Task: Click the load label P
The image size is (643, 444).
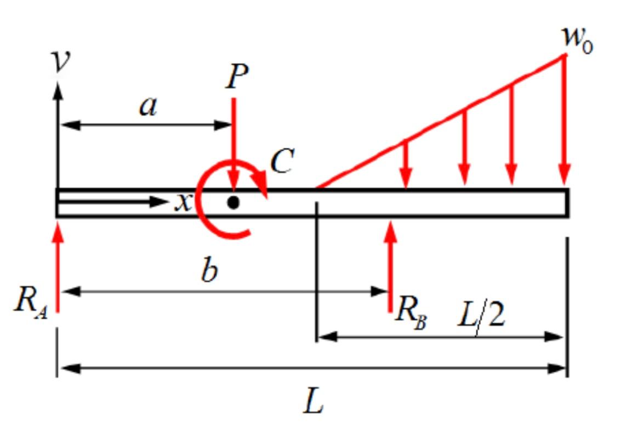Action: [x=237, y=77]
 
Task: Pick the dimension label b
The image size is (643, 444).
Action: [x=209, y=271]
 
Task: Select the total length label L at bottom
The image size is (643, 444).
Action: [x=314, y=403]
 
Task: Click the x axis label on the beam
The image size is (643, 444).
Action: [x=183, y=203]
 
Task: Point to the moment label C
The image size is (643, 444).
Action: [x=282, y=162]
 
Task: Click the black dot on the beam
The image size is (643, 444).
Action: [x=234, y=203]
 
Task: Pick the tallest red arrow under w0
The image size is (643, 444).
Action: [x=565, y=121]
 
